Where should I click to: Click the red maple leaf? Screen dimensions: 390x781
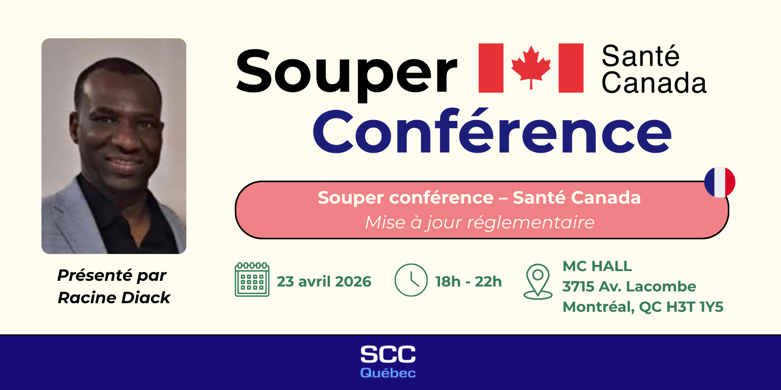point(531,66)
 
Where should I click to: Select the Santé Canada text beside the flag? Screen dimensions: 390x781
point(653,69)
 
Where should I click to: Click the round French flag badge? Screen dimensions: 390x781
point(720,182)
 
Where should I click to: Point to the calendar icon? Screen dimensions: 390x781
point(252,280)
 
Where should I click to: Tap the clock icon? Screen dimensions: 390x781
point(411,280)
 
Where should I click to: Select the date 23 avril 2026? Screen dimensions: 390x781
point(324,282)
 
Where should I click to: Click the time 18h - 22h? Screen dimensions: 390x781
point(468,282)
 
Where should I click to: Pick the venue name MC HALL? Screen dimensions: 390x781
point(597,266)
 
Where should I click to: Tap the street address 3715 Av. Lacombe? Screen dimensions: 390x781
point(629,287)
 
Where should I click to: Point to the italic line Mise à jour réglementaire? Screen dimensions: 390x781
point(480,223)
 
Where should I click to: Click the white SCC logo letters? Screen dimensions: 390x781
point(388,355)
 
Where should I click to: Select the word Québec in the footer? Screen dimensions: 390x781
point(388,373)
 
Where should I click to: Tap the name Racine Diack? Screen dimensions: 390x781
point(114,298)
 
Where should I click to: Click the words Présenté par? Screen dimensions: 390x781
point(112,276)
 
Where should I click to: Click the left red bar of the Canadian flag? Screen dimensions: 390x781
point(491,68)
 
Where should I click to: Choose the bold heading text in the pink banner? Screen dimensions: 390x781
point(479,198)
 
